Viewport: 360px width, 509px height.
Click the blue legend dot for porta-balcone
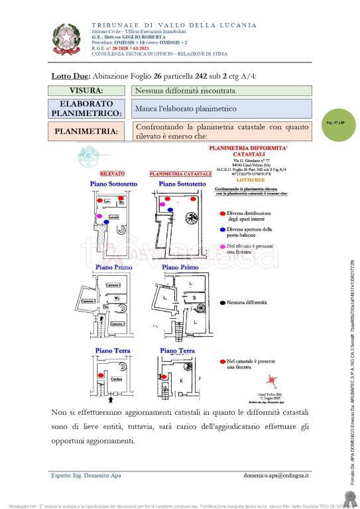click(x=220, y=229)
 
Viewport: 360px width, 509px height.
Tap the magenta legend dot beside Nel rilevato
click(x=220, y=246)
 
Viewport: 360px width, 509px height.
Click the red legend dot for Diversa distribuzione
click(x=220, y=213)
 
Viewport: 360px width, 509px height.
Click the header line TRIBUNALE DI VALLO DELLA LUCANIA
click(x=164, y=25)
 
